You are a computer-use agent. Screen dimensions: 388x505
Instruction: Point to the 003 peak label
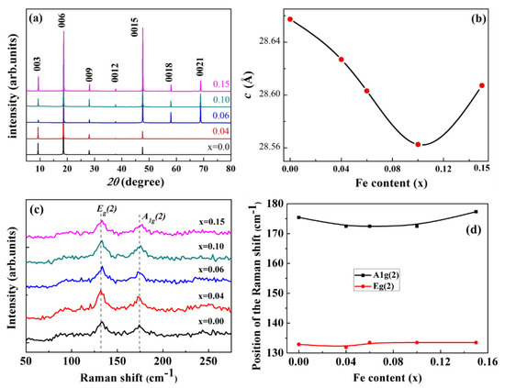(39, 61)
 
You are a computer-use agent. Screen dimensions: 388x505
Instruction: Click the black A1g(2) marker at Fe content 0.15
(475, 212)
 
